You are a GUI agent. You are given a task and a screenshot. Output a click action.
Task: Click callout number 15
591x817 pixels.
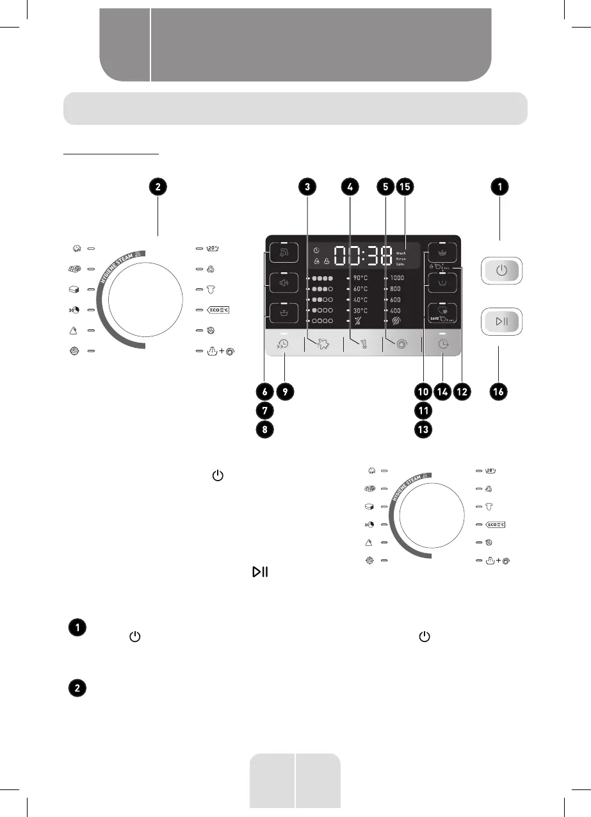405,186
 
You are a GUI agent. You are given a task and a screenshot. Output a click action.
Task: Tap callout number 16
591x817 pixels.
500,391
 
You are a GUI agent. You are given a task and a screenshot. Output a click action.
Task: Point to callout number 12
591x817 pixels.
461,391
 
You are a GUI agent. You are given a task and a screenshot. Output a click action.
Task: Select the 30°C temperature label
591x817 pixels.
359,309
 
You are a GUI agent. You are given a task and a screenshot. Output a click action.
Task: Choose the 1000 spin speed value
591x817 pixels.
397,279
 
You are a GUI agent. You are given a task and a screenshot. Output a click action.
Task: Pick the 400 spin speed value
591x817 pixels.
396,309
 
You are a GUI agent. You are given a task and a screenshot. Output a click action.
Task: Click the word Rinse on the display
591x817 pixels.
401,259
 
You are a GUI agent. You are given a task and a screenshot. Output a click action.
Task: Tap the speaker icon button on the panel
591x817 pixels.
282,282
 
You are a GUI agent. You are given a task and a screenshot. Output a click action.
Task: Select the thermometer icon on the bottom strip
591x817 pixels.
362,344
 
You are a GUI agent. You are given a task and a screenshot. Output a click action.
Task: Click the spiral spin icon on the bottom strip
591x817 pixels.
401,344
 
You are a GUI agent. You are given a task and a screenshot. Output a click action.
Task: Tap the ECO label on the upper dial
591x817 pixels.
218,310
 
